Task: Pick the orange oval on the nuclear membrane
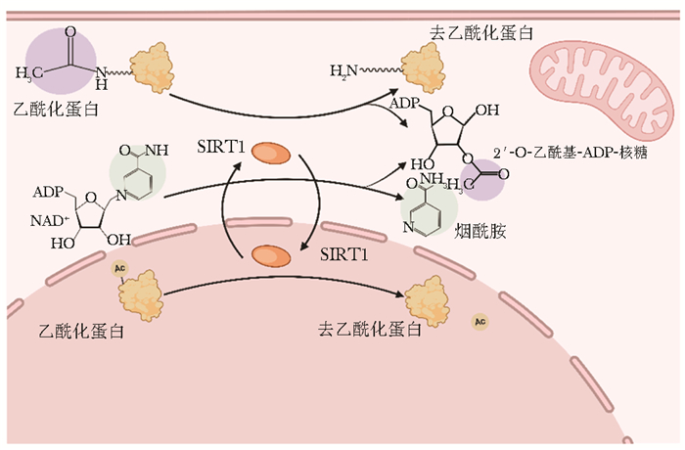(271, 256)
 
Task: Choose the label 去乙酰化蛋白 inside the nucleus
(370, 329)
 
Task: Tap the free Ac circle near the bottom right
(479, 321)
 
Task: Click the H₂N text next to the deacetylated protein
(343, 69)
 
